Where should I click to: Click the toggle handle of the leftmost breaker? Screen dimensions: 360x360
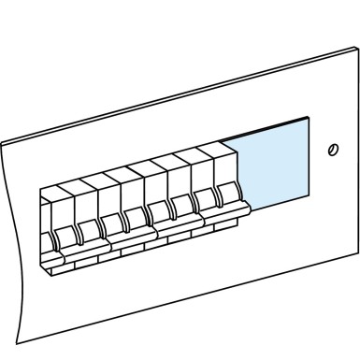click(x=65, y=236)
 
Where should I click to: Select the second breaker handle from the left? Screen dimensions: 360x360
click(x=88, y=229)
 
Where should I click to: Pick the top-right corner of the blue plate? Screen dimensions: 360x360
click(x=309, y=118)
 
